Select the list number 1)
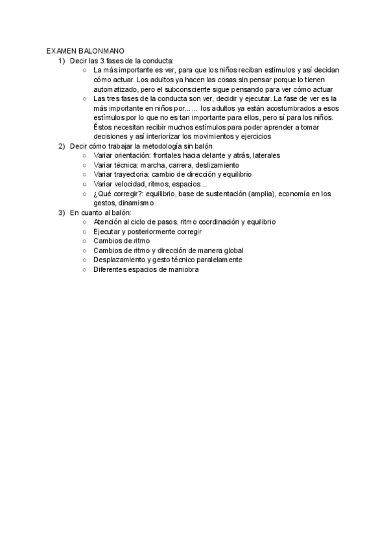[62, 60]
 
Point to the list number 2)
[62, 146]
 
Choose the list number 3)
[62, 212]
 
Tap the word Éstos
[103, 127]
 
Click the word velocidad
[130, 184]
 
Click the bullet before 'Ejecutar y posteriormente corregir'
[85, 232]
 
